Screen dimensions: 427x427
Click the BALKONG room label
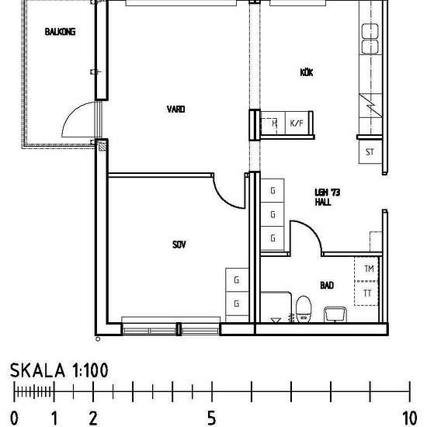click(60, 32)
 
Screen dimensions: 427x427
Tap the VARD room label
click(175, 109)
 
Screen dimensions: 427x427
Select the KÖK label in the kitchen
click(307, 72)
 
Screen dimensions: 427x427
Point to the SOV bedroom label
click(179, 245)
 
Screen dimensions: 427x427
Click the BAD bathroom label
click(327, 285)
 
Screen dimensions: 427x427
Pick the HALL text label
click(323, 202)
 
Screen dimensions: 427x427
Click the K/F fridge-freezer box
click(297, 123)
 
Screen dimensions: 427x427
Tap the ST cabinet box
click(370, 152)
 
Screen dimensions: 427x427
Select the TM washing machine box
click(366, 269)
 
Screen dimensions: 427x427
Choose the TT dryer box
click(366, 293)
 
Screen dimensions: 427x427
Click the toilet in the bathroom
click(304, 309)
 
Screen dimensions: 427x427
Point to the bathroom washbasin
click(335, 314)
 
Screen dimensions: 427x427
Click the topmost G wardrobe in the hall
click(273, 190)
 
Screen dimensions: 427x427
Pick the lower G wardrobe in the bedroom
click(237, 304)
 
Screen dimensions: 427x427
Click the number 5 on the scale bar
click(212, 418)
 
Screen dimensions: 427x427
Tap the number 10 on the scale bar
click(410, 418)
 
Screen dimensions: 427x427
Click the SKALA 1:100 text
click(59, 370)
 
